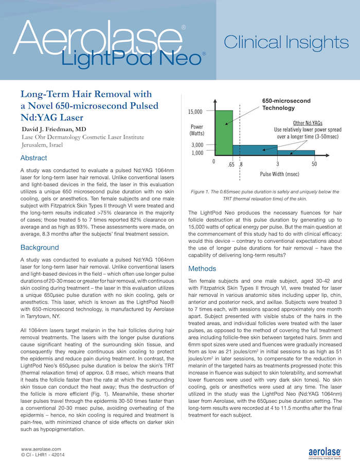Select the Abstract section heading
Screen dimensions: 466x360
(x=33, y=158)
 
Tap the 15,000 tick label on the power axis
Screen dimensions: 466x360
(x=195, y=111)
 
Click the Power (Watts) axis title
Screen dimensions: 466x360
(x=197, y=130)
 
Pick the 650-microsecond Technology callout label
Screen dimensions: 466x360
(x=286, y=104)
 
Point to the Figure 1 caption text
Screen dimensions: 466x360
(x=264, y=194)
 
